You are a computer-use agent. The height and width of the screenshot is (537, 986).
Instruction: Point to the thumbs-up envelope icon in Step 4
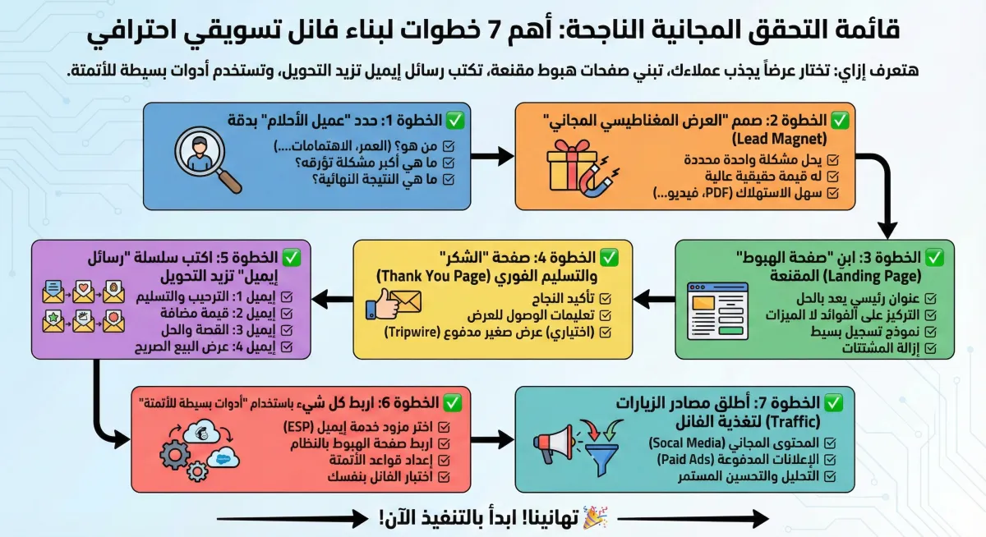394,305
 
